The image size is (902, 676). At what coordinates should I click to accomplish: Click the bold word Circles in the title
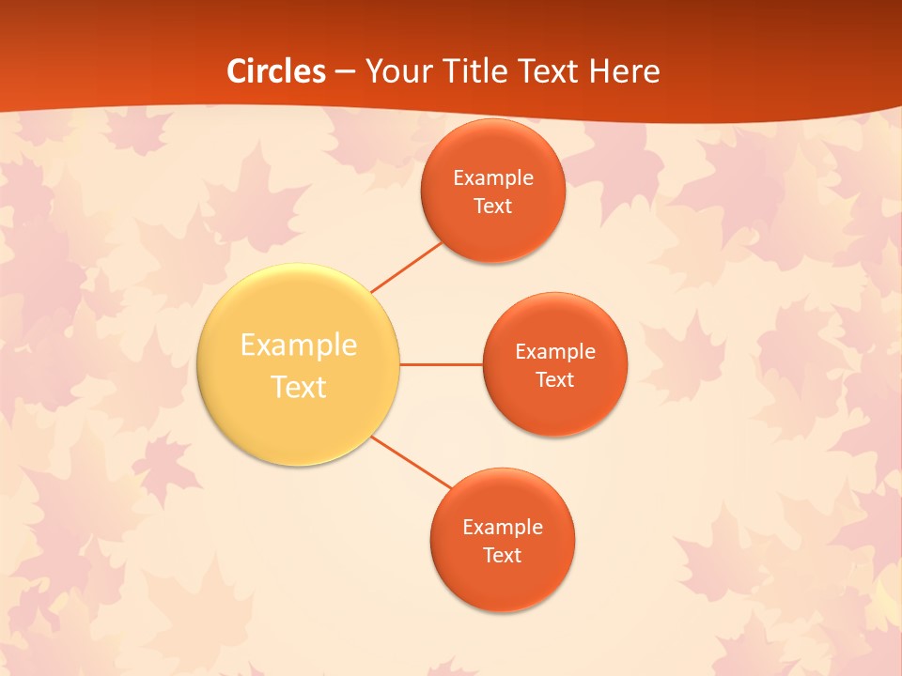(x=276, y=71)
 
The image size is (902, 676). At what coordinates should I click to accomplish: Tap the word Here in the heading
(x=624, y=71)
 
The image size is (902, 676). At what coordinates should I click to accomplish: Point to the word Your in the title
(x=394, y=71)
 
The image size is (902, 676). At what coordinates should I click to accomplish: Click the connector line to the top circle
(x=406, y=267)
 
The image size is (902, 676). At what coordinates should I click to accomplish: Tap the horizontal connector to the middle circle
(x=441, y=364)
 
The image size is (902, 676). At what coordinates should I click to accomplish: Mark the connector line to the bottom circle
(x=412, y=463)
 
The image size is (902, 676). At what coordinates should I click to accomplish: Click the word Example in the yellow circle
(x=299, y=346)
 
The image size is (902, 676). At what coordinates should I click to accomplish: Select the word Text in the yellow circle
(x=299, y=387)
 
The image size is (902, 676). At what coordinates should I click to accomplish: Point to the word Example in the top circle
(x=493, y=178)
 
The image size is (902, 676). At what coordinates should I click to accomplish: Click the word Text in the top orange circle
(x=493, y=207)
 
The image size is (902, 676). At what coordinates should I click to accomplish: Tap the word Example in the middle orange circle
(x=555, y=352)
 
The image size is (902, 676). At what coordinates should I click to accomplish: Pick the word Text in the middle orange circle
(x=555, y=380)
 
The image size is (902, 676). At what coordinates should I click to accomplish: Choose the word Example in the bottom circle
(x=503, y=528)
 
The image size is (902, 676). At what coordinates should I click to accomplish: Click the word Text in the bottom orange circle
(x=503, y=556)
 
